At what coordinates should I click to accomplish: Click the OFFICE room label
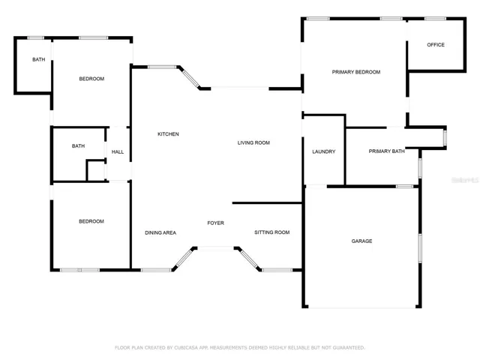[436, 45]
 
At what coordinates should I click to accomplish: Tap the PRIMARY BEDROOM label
[356, 72]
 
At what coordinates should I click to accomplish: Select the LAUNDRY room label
[323, 151]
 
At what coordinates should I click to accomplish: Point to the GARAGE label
[361, 241]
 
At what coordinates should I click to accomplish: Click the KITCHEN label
[168, 134]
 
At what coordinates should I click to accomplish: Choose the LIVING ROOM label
[253, 142]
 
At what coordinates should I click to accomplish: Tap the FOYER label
[215, 223]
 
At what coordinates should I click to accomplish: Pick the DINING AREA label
[160, 233]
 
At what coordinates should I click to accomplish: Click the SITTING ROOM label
[271, 232]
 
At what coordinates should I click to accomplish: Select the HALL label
[118, 151]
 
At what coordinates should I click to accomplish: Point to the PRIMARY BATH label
[387, 151]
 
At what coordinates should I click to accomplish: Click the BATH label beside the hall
[78, 146]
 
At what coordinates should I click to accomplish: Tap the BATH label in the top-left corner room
[39, 59]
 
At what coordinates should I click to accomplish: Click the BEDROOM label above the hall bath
[91, 79]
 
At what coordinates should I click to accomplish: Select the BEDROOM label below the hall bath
[91, 221]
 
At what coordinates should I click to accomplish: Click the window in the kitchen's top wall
[162, 67]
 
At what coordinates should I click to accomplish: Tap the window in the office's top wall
[435, 19]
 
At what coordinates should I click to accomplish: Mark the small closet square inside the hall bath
[96, 171]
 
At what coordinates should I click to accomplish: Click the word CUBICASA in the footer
[187, 348]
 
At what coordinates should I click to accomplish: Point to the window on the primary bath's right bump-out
[445, 138]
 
